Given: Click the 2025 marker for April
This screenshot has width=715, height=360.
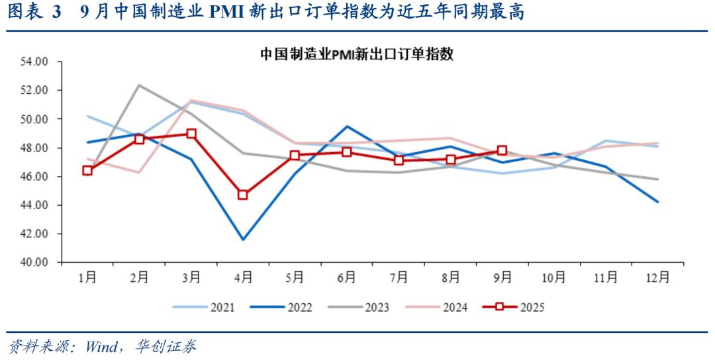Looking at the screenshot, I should [243, 195].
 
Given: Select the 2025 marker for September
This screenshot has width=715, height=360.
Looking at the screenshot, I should [502, 150].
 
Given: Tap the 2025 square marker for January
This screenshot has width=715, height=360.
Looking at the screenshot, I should [87, 171].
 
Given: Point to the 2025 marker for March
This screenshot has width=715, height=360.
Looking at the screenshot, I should [191, 134].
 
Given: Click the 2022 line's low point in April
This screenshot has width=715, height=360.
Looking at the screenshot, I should [243, 240].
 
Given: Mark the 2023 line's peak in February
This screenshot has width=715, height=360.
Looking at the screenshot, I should [139, 85].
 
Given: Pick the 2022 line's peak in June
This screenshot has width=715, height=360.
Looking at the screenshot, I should [347, 126].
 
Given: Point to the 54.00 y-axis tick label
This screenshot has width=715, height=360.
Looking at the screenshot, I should [36, 62].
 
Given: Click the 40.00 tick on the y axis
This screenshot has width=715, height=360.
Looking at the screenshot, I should [36, 263].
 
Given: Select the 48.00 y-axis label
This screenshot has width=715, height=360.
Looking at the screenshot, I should [36, 148].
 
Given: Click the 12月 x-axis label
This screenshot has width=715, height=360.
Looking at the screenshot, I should [657, 278].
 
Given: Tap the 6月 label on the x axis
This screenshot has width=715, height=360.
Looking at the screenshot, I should [347, 278].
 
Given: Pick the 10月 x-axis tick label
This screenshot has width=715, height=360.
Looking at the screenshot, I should [554, 278].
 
